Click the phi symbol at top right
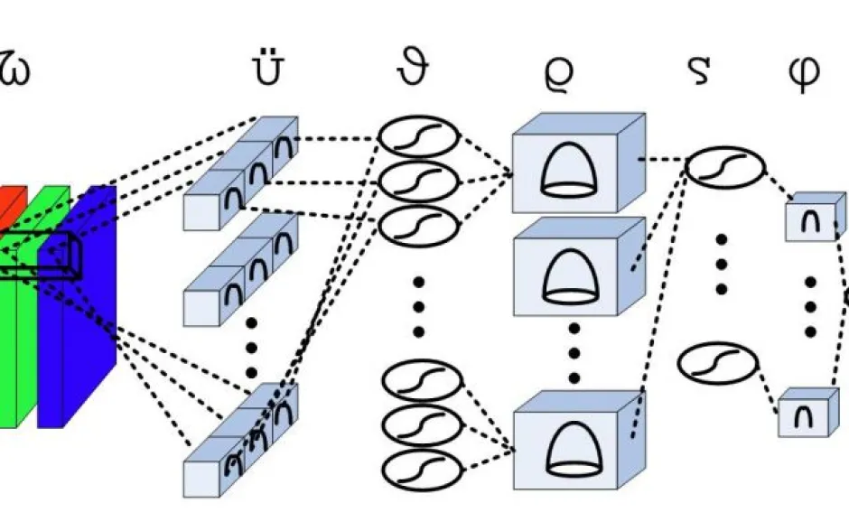point(803,72)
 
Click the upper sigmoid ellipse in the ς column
point(725,167)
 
